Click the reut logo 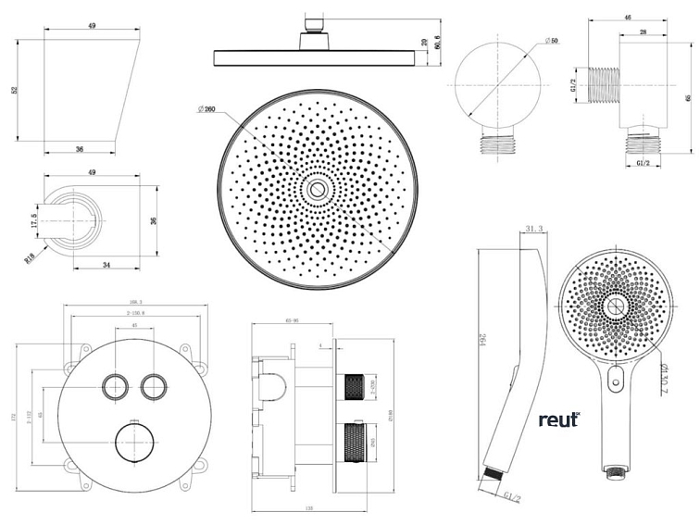[558, 419]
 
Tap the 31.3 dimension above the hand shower [532, 230]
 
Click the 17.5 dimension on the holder [34, 222]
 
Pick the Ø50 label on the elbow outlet [549, 42]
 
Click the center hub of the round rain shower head [318, 191]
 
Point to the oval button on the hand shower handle [617, 379]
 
